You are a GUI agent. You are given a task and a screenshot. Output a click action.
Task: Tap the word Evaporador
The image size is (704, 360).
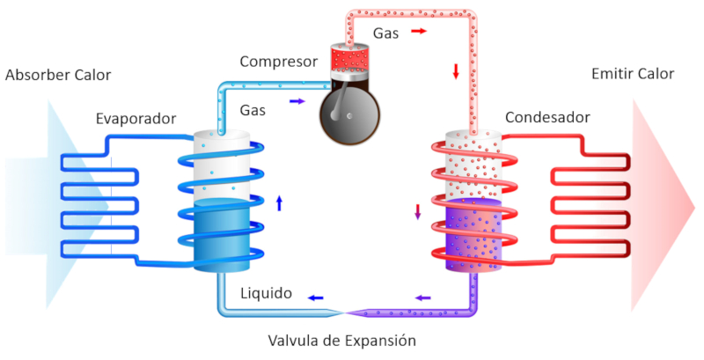pyautogui.click(x=136, y=118)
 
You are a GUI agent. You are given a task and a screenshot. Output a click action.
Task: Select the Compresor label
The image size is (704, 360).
pyautogui.click(x=277, y=62)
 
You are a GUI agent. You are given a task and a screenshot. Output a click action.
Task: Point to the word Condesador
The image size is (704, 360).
pyautogui.click(x=547, y=117)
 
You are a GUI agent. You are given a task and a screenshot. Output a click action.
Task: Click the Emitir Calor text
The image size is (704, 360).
pyautogui.click(x=633, y=74)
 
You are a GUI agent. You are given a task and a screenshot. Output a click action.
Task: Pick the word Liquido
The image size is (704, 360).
pyautogui.click(x=266, y=293)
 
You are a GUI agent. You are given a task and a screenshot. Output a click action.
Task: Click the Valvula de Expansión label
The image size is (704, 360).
pyautogui.click(x=341, y=340)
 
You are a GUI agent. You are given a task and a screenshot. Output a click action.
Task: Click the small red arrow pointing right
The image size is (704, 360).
pyautogui.click(x=419, y=32)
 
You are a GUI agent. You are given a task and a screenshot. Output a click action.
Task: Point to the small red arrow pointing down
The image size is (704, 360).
pyautogui.click(x=456, y=71)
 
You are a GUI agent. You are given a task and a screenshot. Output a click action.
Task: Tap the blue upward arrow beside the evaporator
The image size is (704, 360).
pyautogui.click(x=280, y=203)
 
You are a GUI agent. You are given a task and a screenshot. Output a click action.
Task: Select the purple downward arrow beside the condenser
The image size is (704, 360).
pyautogui.click(x=418, y=212)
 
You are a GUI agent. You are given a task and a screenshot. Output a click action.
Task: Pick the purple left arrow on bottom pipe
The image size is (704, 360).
pyautogui.click(x=423, y=298)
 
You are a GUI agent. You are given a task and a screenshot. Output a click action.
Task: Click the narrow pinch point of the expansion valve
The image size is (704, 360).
pyautogui.click(x=348, y=313)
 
